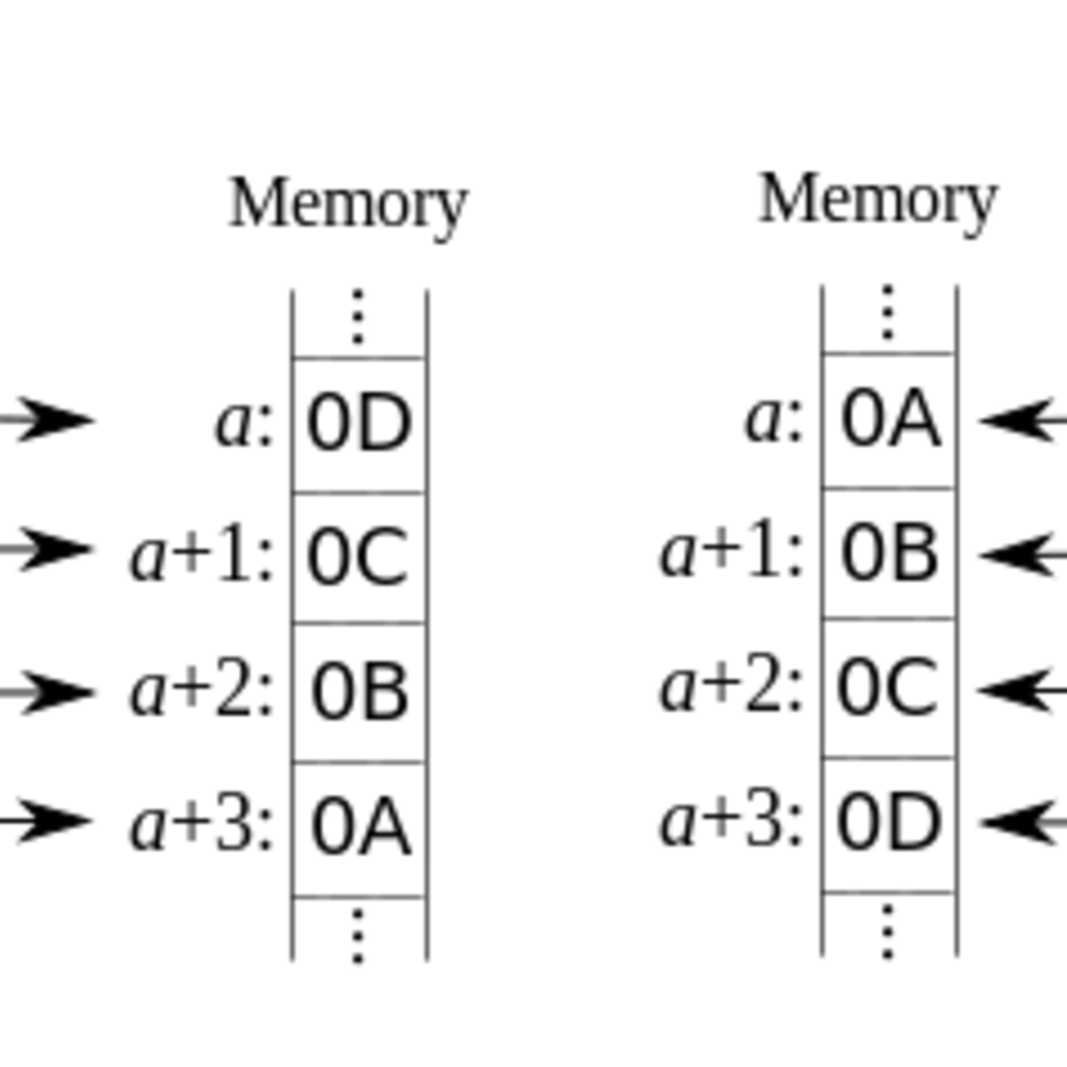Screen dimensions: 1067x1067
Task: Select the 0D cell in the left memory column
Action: tap(359, 424)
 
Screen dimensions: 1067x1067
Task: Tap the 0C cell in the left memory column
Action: tap(359, 558)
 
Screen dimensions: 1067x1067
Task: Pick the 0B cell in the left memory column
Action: tap(359, 692)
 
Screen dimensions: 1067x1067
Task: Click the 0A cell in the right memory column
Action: tap(889, 420)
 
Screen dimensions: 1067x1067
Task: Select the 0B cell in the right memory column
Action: tap(889, 552)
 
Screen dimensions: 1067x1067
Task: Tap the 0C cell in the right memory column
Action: tap(889, 687)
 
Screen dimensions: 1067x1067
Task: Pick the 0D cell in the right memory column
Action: tap(889, 822)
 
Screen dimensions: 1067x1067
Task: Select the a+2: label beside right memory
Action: tap(731, 687)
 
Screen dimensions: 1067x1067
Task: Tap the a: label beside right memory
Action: tap(774, 419)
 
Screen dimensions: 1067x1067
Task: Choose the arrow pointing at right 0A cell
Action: tap(1023, 420)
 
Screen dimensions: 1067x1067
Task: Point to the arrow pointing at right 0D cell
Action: tap(1023, 821)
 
